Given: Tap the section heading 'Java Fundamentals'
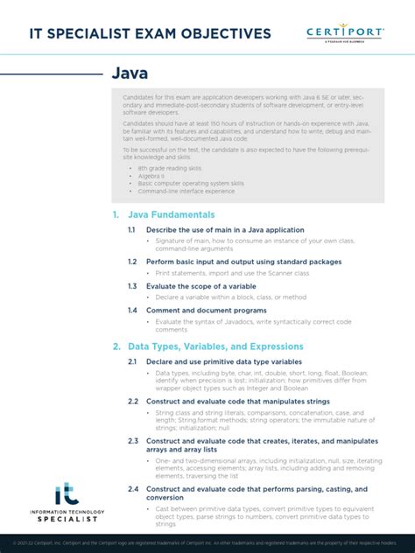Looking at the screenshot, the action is (x=171, y=214).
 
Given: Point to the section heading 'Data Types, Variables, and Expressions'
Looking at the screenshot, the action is (x=215, y=346).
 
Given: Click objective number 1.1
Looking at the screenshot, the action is (x=131, y=229).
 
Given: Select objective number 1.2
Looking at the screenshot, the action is (x=131, y=262).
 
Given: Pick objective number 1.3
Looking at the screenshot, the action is (x=131, y=286).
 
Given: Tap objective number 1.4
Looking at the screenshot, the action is (x=131, y=311).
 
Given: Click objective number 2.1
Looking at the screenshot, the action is (x=132, y=361).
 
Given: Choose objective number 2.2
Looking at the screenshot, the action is (x=132, y=401).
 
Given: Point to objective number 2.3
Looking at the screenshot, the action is (x=132, y=441).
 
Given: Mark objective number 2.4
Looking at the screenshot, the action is (x=132, y=489).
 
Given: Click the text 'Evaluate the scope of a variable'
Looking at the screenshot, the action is (x=200, y=286).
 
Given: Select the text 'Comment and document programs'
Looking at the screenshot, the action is (x=206, y=311).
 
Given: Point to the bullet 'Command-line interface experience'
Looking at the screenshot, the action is (x=186, y=191).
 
